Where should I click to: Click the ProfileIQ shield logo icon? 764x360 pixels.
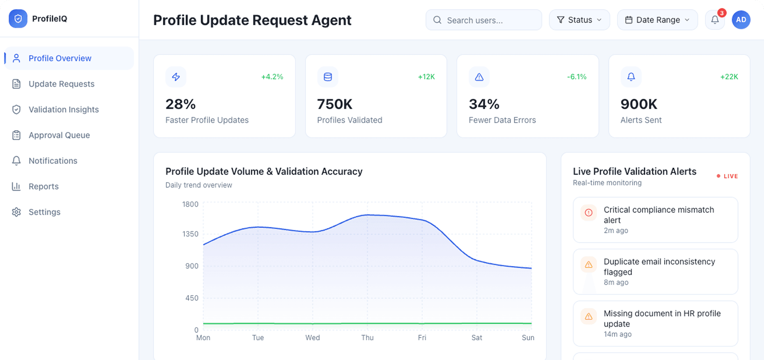point(18,19)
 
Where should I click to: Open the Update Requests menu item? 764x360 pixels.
point(61,84)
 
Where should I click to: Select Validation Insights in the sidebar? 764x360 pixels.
point(64,109)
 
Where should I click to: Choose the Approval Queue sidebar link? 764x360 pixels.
point(59,135)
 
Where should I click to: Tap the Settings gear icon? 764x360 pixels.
point(16,212)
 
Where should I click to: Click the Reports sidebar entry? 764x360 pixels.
point(44,187)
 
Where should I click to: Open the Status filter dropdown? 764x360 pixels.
point(579,20)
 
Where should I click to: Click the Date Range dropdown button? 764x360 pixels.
point(657,20)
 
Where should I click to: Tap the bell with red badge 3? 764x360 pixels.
point(715,20)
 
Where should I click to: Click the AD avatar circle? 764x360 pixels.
point(741,20)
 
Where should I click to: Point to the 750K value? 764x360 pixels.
point(335,104)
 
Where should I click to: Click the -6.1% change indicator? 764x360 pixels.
point(577,77)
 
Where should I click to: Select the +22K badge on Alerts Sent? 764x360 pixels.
point(729,77)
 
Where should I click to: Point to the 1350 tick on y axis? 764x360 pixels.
point(190,234)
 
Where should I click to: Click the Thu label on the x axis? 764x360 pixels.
point(367,338)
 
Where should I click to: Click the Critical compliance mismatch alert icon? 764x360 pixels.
point(589,212)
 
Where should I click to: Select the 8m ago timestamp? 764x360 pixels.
point(616,282)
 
